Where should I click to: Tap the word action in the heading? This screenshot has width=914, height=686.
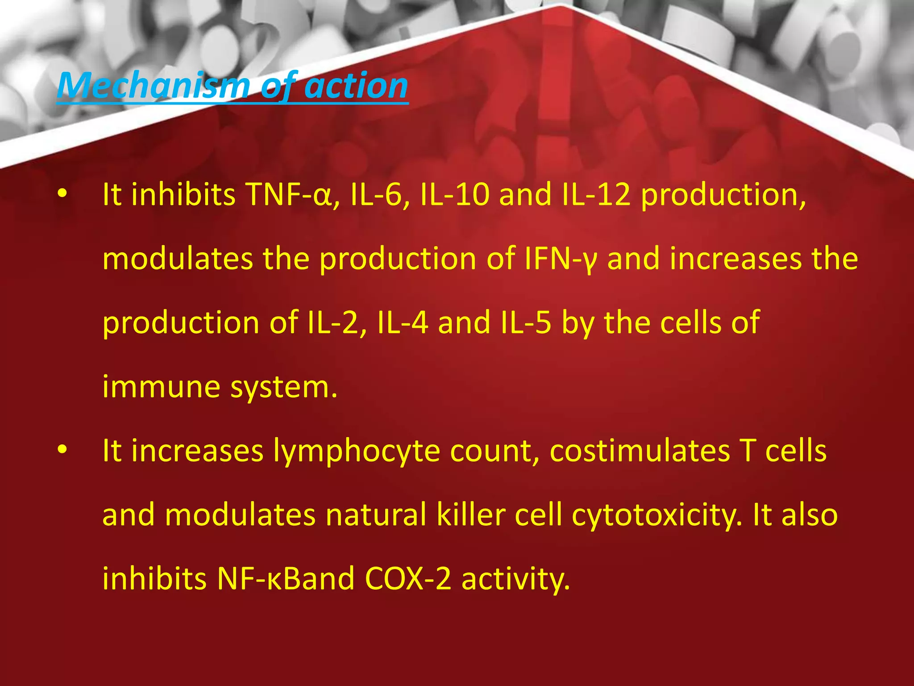tap(356, 86)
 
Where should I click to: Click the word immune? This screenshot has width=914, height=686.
tap(161, 387)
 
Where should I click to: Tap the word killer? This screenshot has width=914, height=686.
tap(470, 515)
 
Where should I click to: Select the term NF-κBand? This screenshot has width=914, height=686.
tap(286, 579)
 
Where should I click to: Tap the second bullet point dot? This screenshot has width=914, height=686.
tap(62, 450)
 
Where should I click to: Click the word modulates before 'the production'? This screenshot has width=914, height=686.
tap(177, 259)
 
